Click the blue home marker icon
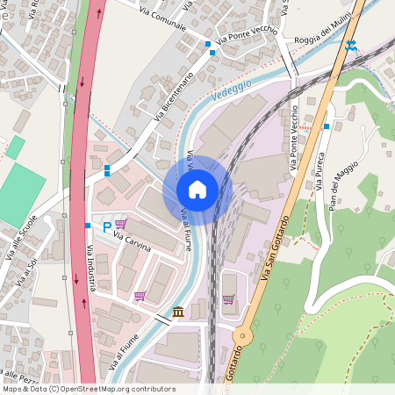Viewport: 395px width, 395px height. coord(197,190)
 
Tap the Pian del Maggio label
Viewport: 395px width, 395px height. coord(344,184)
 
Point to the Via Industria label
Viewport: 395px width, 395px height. coord(90,267)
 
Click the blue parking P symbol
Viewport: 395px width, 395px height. coord(107,227)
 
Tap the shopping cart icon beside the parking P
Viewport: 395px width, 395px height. coord(120,224)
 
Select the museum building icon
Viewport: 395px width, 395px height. coord(178,312)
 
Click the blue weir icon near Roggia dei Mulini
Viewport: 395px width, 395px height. coord(351,45)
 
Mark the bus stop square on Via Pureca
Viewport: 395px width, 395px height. coord(326,126)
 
